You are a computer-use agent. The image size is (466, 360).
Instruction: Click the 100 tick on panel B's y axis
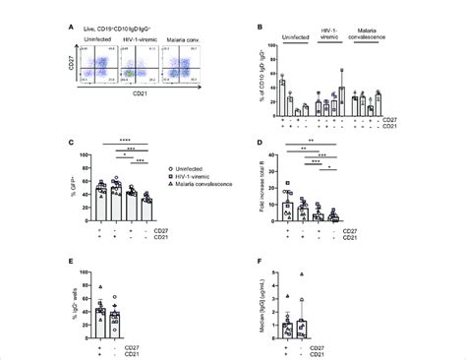pos(270,47)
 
